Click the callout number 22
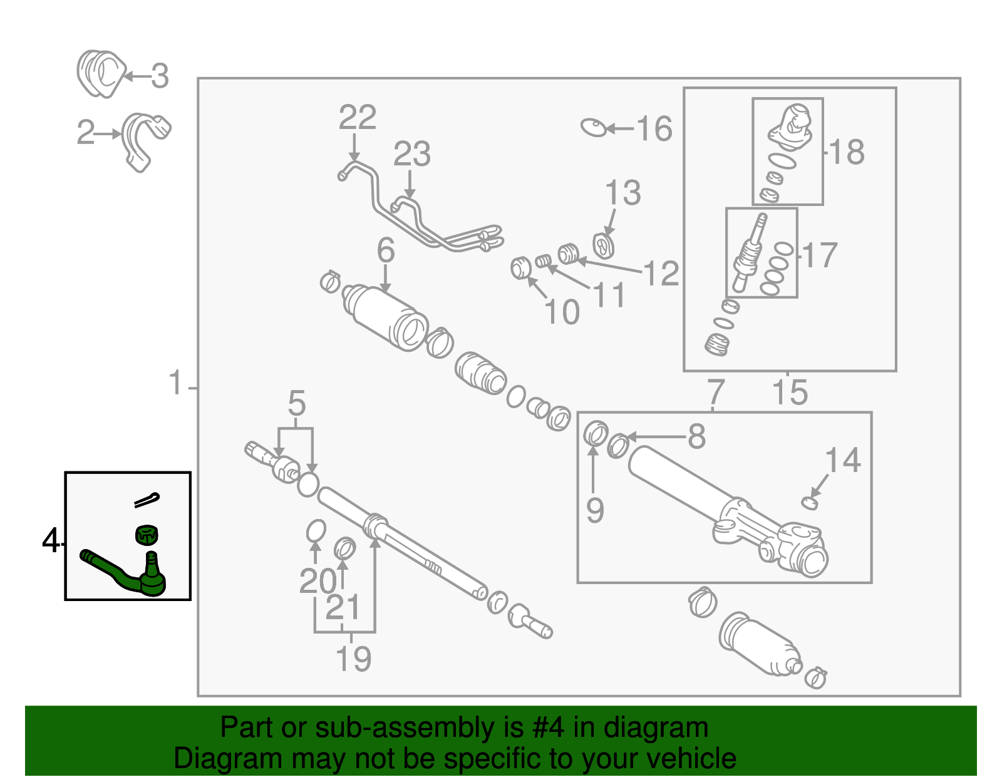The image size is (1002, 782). (x=358, y=118)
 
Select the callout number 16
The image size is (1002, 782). (x=654, y=129)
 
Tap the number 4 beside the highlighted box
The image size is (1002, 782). (x=51, y=540)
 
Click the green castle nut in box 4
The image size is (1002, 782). (x=147, y=535)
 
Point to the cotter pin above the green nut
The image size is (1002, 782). (x=147, y=499)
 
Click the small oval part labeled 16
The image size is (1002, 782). (x=594, y=128)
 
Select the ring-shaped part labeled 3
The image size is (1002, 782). (x=101, y=74)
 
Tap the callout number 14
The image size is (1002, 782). (x=843, y=461)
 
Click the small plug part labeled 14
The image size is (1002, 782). (x=810, y=502)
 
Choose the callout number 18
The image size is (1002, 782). (x=847, y=152)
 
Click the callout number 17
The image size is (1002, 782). (x=820, y=255)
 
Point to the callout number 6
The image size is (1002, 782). (x=386, y=250)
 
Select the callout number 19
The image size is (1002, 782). (x=353, y=659)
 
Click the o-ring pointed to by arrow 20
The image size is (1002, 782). (x=316, y=531)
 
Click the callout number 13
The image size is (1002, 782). (x=623, y=193)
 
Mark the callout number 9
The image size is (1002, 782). (x=595, y=510)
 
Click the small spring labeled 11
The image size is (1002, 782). (x=544, y=260)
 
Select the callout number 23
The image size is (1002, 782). (x=412, y=154)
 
